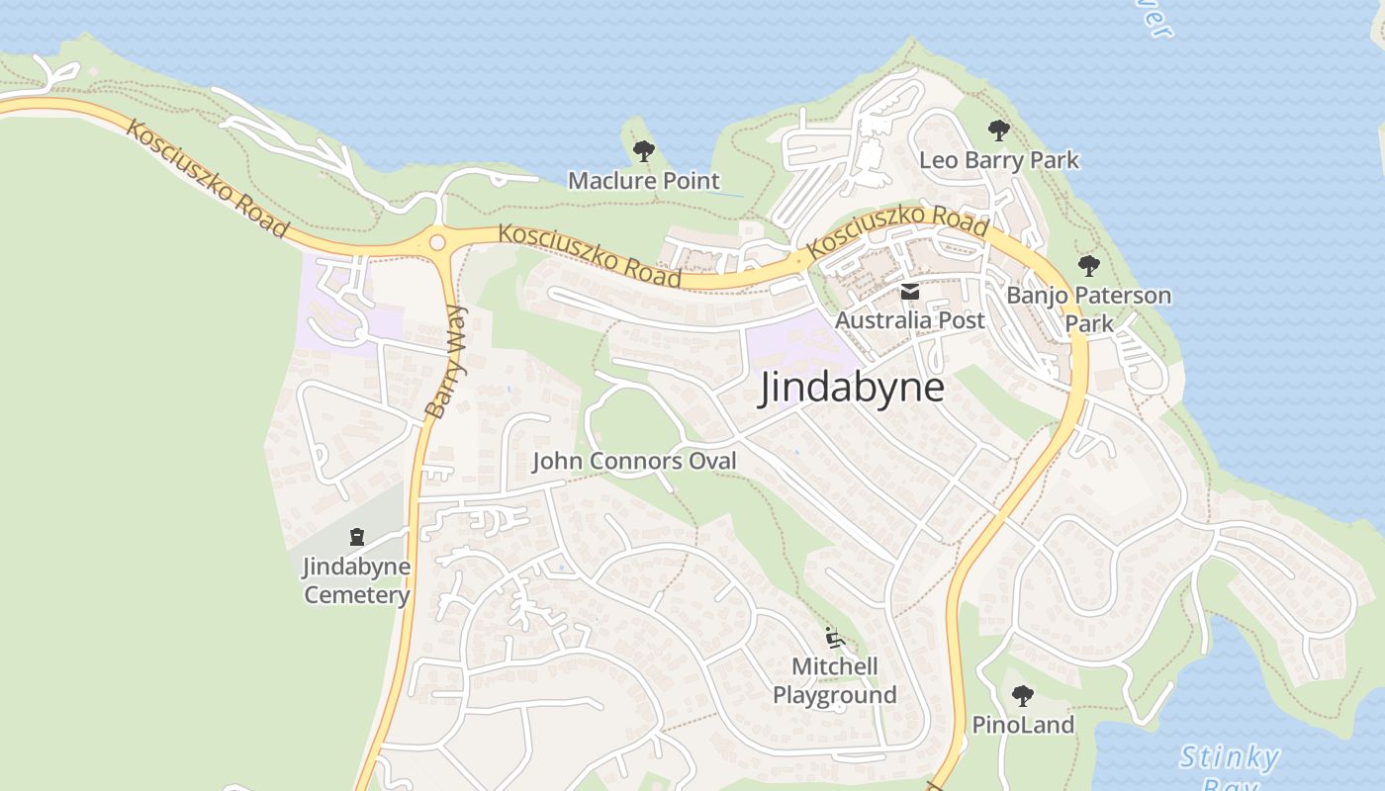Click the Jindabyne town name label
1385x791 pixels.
point(851,388)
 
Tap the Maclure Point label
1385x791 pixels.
point(643,181)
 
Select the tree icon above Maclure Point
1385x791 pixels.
point(644,151)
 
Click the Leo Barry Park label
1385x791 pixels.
point(999,160)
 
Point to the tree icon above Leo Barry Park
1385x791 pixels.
point(999,130)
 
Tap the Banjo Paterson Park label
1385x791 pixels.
point(1088,308)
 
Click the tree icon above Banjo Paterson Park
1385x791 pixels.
point(1088,265)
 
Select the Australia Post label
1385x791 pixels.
point(910,320)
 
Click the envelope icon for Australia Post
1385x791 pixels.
point(909,292)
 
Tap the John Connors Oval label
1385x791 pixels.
point(634,461)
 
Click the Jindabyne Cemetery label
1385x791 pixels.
point(356,580)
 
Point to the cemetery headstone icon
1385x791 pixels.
point(357,537)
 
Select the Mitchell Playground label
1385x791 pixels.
point(835,680)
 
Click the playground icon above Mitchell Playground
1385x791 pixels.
point(834,637)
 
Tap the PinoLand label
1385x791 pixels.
point(1023,725)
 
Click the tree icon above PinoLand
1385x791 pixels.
point(1023,695)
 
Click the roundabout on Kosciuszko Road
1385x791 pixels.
point(436,241)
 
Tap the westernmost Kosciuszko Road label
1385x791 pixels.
point(207,179)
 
